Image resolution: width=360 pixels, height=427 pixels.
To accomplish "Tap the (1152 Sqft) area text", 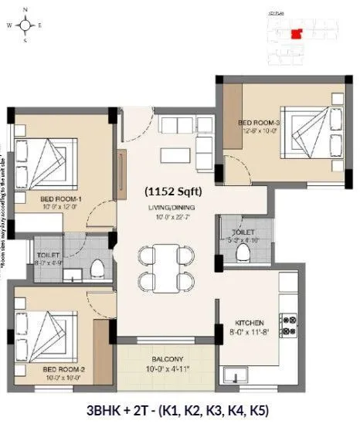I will point(179,189).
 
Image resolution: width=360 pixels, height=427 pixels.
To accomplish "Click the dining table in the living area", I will point(164,266).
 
